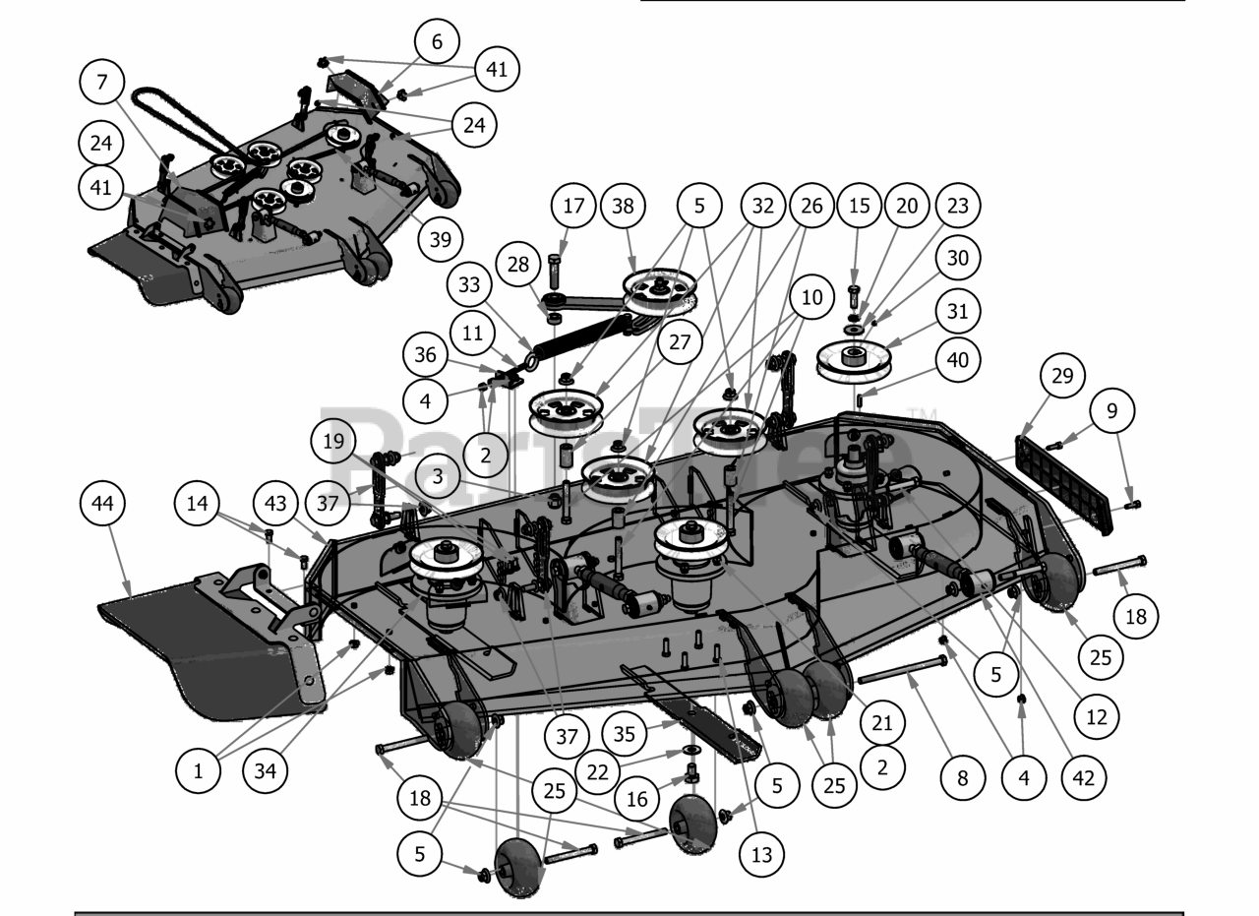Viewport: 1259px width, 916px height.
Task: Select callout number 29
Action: point(1066,375)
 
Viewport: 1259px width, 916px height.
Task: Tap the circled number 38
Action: point(623,207)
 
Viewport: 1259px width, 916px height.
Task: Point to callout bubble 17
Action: point(573,207)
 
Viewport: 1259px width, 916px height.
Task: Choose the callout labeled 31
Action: point(958,312)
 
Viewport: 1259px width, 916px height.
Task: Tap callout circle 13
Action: point(761,855)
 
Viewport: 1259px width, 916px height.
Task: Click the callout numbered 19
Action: point(334,442)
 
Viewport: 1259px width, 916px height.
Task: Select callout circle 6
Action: point(437,42)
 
